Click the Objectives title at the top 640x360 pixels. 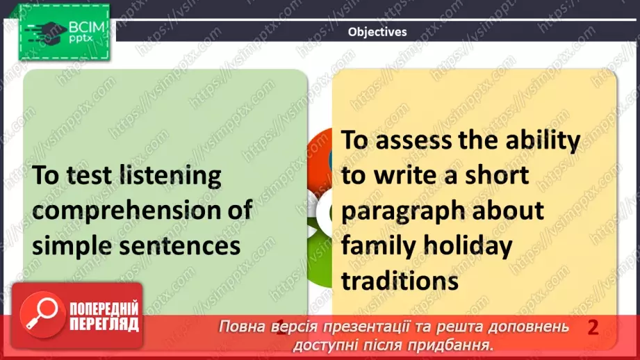(x=377, y=31)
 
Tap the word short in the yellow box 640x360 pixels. (x=494, y=175)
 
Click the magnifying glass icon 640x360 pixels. (x=40, y=313)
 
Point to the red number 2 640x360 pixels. (x=593, y=327)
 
